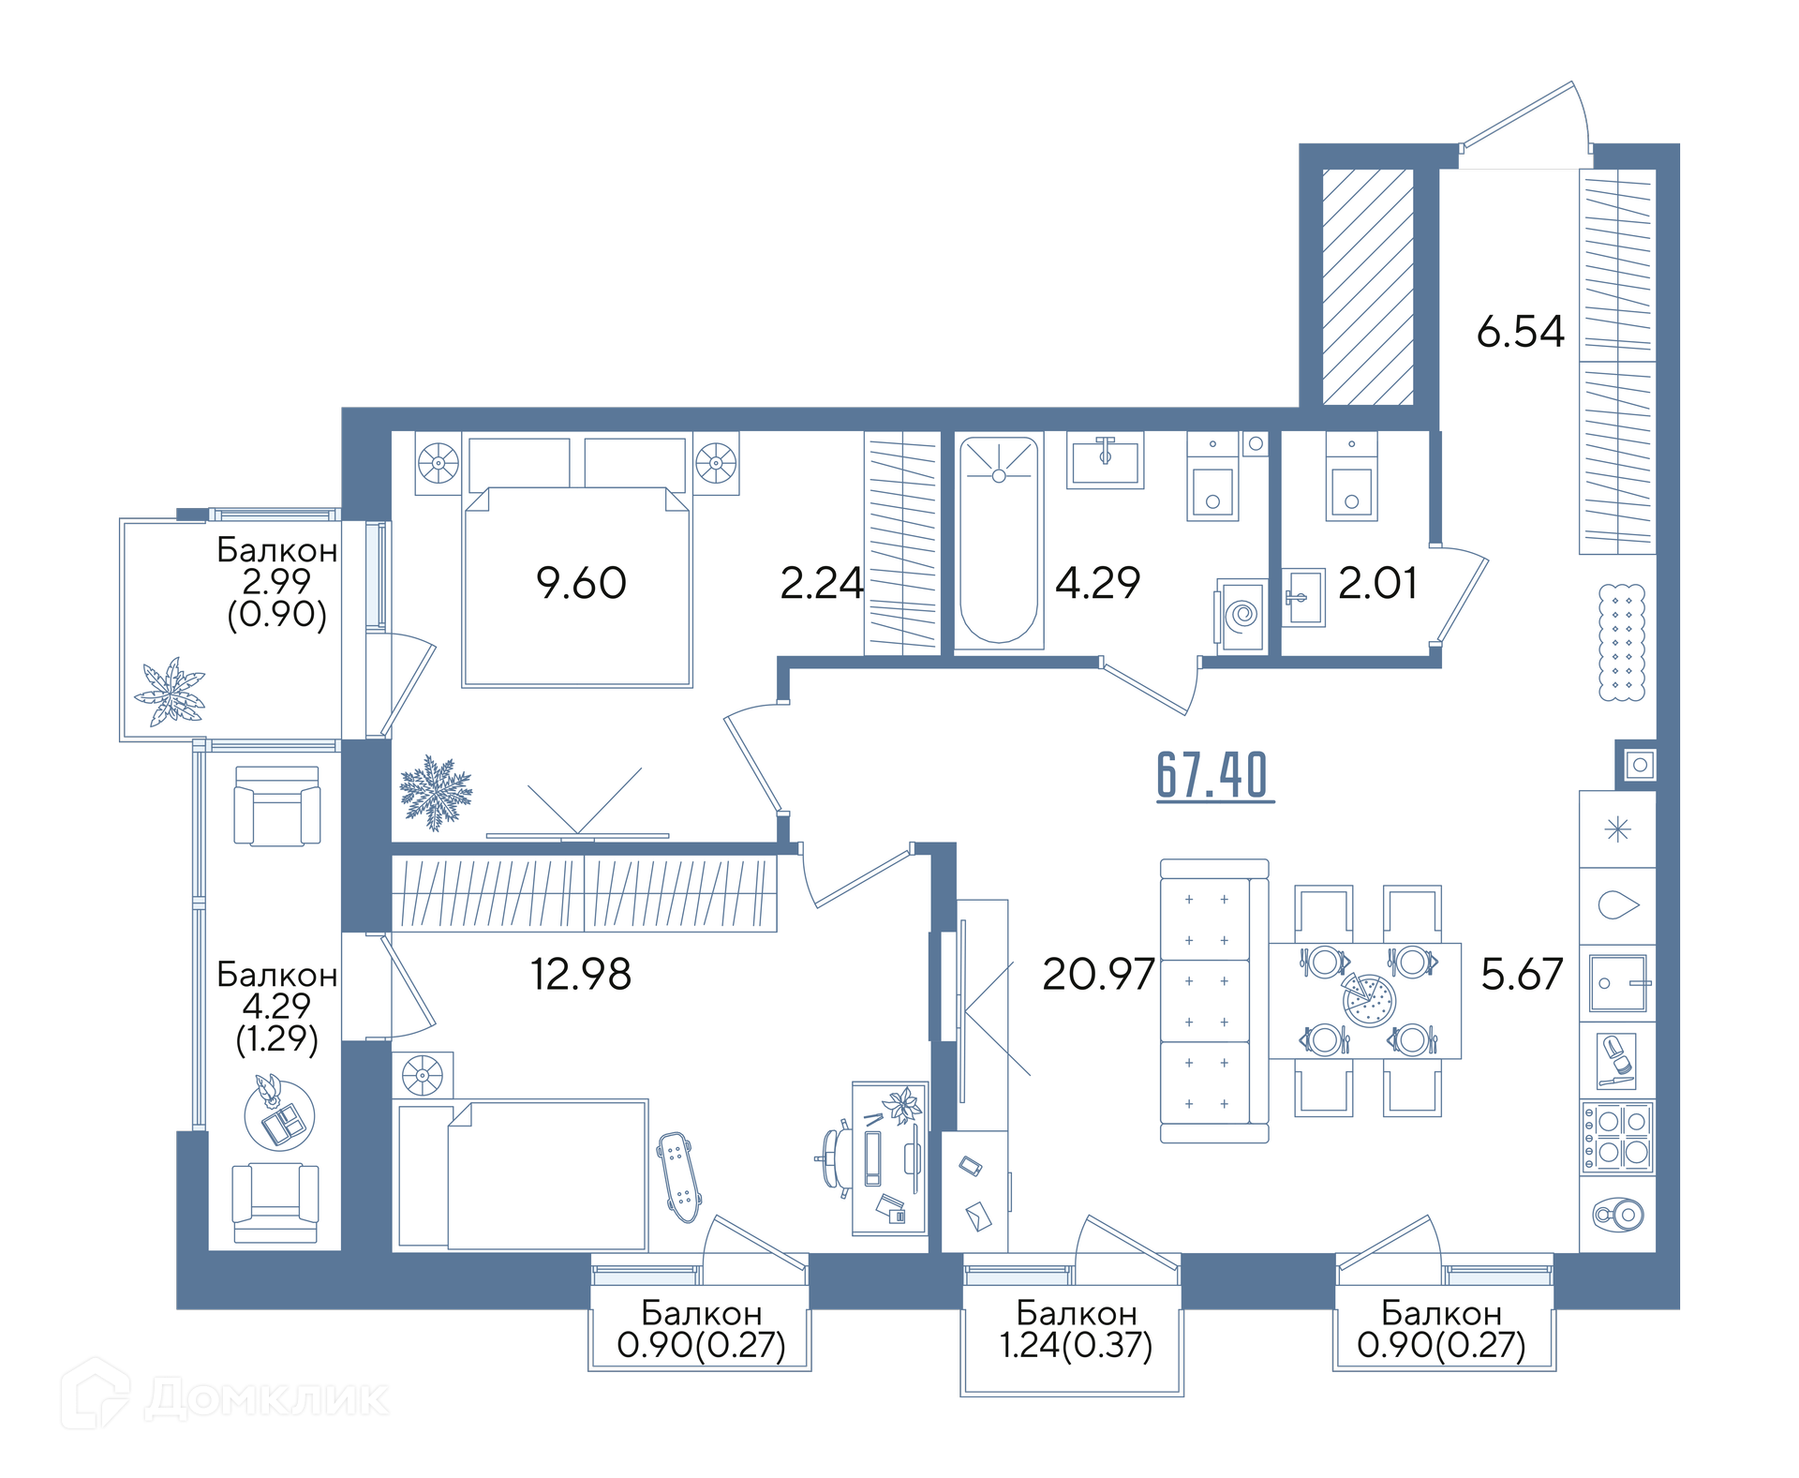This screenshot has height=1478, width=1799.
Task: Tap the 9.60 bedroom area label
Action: pyautogui.click(x=581, y=583)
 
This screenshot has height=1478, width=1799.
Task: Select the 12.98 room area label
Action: pyautogui.click(x=581, y=974)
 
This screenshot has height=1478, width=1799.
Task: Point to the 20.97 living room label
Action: pyautogui.click(x=1098, y=974)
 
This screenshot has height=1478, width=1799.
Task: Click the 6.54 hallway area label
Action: pyautogui.click(x=1520, y=332)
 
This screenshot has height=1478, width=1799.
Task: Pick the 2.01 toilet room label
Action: pyautogui.click(x=1377, y=583)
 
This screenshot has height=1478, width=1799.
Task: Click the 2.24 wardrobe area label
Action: pyautogui.click(x=822, y=583)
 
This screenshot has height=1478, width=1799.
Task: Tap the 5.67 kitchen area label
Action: pyautogui.click(x=1522, y=974)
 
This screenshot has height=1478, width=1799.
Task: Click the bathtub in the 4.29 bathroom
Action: pyautogui.click(x=999, y=541)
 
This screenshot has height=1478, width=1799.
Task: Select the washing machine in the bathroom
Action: pyautogui.click(x=1242, y=615)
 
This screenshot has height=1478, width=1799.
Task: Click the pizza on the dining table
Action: pyautogui.click(x=1369, y=1000)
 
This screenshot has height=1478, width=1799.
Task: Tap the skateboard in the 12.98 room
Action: pyautogui.click(x=678, y=1176)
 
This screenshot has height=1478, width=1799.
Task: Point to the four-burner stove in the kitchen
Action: pyautogui.click(x=1617, y=1137)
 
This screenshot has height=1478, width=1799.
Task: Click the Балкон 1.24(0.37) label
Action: pyautogui.click(x=1076, y=1329)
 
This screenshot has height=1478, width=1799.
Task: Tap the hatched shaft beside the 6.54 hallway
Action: pyautogui.click(x=1367, y=287)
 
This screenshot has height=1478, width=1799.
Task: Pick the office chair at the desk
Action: pyautogui.click(x=834, y=1158)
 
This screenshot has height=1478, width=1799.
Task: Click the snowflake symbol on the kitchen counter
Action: pyautogui.click(x=1617, y=829)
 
